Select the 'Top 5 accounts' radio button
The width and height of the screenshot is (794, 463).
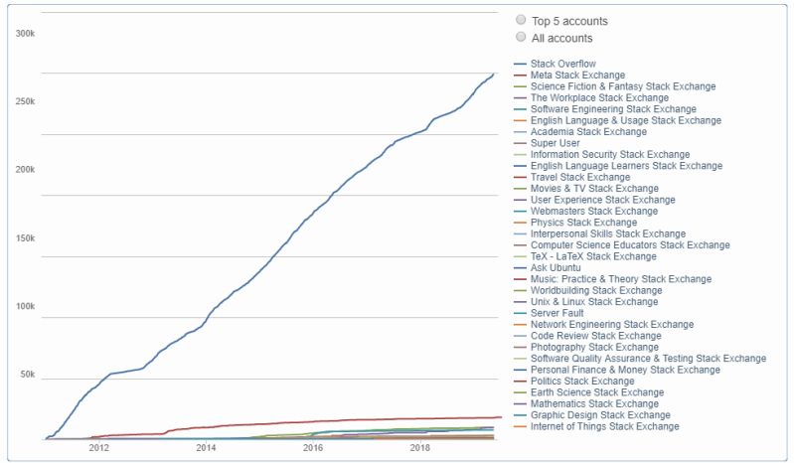[x=521, y=20]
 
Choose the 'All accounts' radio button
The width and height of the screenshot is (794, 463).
[x=521, y=37]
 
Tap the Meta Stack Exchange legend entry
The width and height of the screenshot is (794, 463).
[x=577, y=75]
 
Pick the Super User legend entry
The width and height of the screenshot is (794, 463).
[x=555, y=143]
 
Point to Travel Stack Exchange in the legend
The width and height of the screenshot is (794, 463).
[x=577, y=177]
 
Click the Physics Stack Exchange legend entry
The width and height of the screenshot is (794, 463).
[x=581, y=223]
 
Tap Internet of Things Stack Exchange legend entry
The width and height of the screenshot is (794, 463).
[x=604, y=426]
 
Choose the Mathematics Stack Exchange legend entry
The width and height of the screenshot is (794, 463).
[x=594, y=403]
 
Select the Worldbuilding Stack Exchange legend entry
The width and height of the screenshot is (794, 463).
[x=593, y=290]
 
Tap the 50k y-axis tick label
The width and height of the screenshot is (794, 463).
[x=27, y=376]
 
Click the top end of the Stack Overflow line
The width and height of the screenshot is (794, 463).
[x=493, y=74]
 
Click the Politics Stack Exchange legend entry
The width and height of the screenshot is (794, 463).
[x=582, y=381]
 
